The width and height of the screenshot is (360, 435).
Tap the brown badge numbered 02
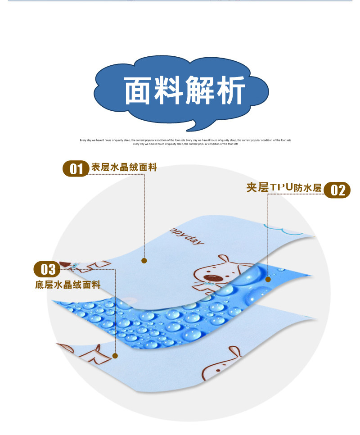click(337, 190)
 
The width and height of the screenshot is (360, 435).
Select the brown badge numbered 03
click(48, 269)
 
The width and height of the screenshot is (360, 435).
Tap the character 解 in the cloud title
click(200, 91)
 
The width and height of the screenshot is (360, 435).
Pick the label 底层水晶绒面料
click(67, 285)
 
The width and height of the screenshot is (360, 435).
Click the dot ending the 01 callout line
click(144, 260)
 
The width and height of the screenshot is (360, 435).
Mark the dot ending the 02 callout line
click(268, 279)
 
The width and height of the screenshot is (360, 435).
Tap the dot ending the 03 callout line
click(116, 356)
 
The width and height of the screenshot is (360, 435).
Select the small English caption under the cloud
click(185, 142)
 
